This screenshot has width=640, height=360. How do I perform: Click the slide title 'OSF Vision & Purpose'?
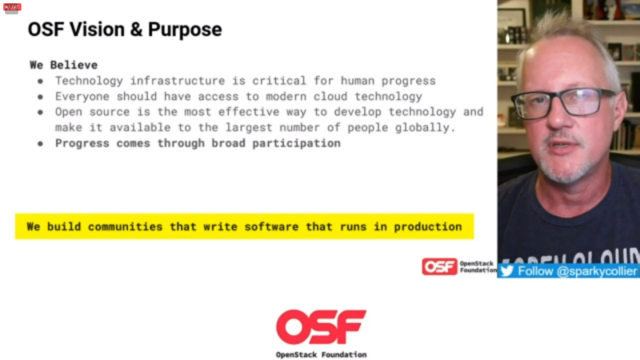(x=125, y=30)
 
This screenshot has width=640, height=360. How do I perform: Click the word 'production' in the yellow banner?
(x=428, y=226)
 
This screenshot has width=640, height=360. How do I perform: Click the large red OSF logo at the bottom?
(x=321, y=326)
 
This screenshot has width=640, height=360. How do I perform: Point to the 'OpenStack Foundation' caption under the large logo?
(x=321, y=354)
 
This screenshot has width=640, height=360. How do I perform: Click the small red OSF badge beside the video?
(x=439, y=266)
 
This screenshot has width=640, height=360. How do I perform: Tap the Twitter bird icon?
(x=506, y=271)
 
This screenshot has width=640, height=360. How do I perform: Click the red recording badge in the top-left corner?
(x=12, y=6)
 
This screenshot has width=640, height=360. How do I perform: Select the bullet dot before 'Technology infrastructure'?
(x=41, y=81)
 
